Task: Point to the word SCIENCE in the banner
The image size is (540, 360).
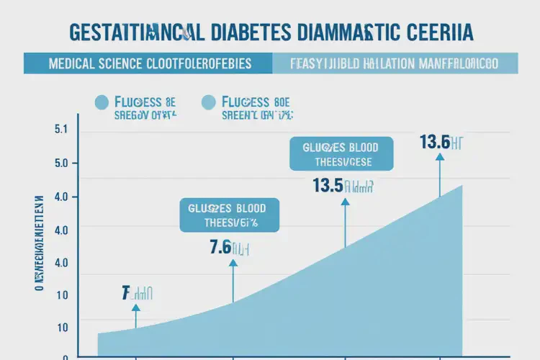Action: (x=124, y=63)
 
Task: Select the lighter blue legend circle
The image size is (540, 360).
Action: (x=210, y=102)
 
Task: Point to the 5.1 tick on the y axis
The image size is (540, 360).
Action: (x=60, y=130)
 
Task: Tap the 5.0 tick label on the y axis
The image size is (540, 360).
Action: (x=60, y=163)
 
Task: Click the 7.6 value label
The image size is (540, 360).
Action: (x=220, y=248)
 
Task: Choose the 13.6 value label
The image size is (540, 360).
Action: (x=435, y=142)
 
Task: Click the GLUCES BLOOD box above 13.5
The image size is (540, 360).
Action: (x=342, y=154)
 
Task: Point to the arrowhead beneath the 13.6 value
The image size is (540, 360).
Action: (x=440, y=160)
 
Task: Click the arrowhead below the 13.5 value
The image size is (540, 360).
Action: (x=344, y=203)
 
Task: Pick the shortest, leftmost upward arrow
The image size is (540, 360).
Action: (x=135, y=315)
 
